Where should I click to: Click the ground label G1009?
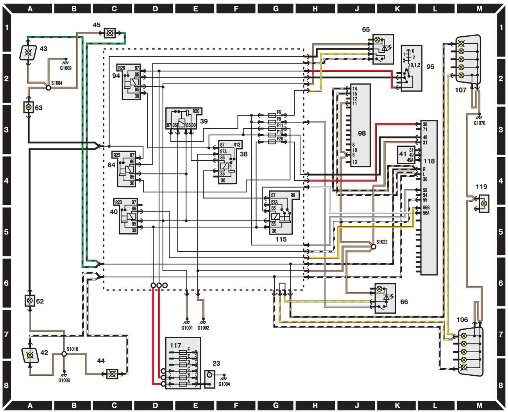pos(66,68)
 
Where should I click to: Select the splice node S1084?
pos(48,88)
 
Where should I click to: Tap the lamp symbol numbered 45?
pos(110,33)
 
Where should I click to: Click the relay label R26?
pos(122,68)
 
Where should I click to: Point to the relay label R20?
pos(196,111)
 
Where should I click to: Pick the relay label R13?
pos(237,145)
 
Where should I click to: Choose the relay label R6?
pos(293,195)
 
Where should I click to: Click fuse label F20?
pos(280,139)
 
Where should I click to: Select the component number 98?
pos(362,133)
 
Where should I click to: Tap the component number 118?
pos(429,161)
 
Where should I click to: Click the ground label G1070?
pos(479,123)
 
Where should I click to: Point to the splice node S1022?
pos(373,247)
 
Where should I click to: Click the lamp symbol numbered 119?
pos(484,203)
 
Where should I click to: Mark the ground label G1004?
pos(224,384)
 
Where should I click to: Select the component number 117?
pos(175,345)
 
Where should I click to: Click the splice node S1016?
pos(64,354)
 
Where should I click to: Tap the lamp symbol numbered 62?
pos(29,301)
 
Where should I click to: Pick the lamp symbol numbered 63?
pos(28,107)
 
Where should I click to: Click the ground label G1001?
pos(187,328)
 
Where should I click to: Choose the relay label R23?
pos(118,202)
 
